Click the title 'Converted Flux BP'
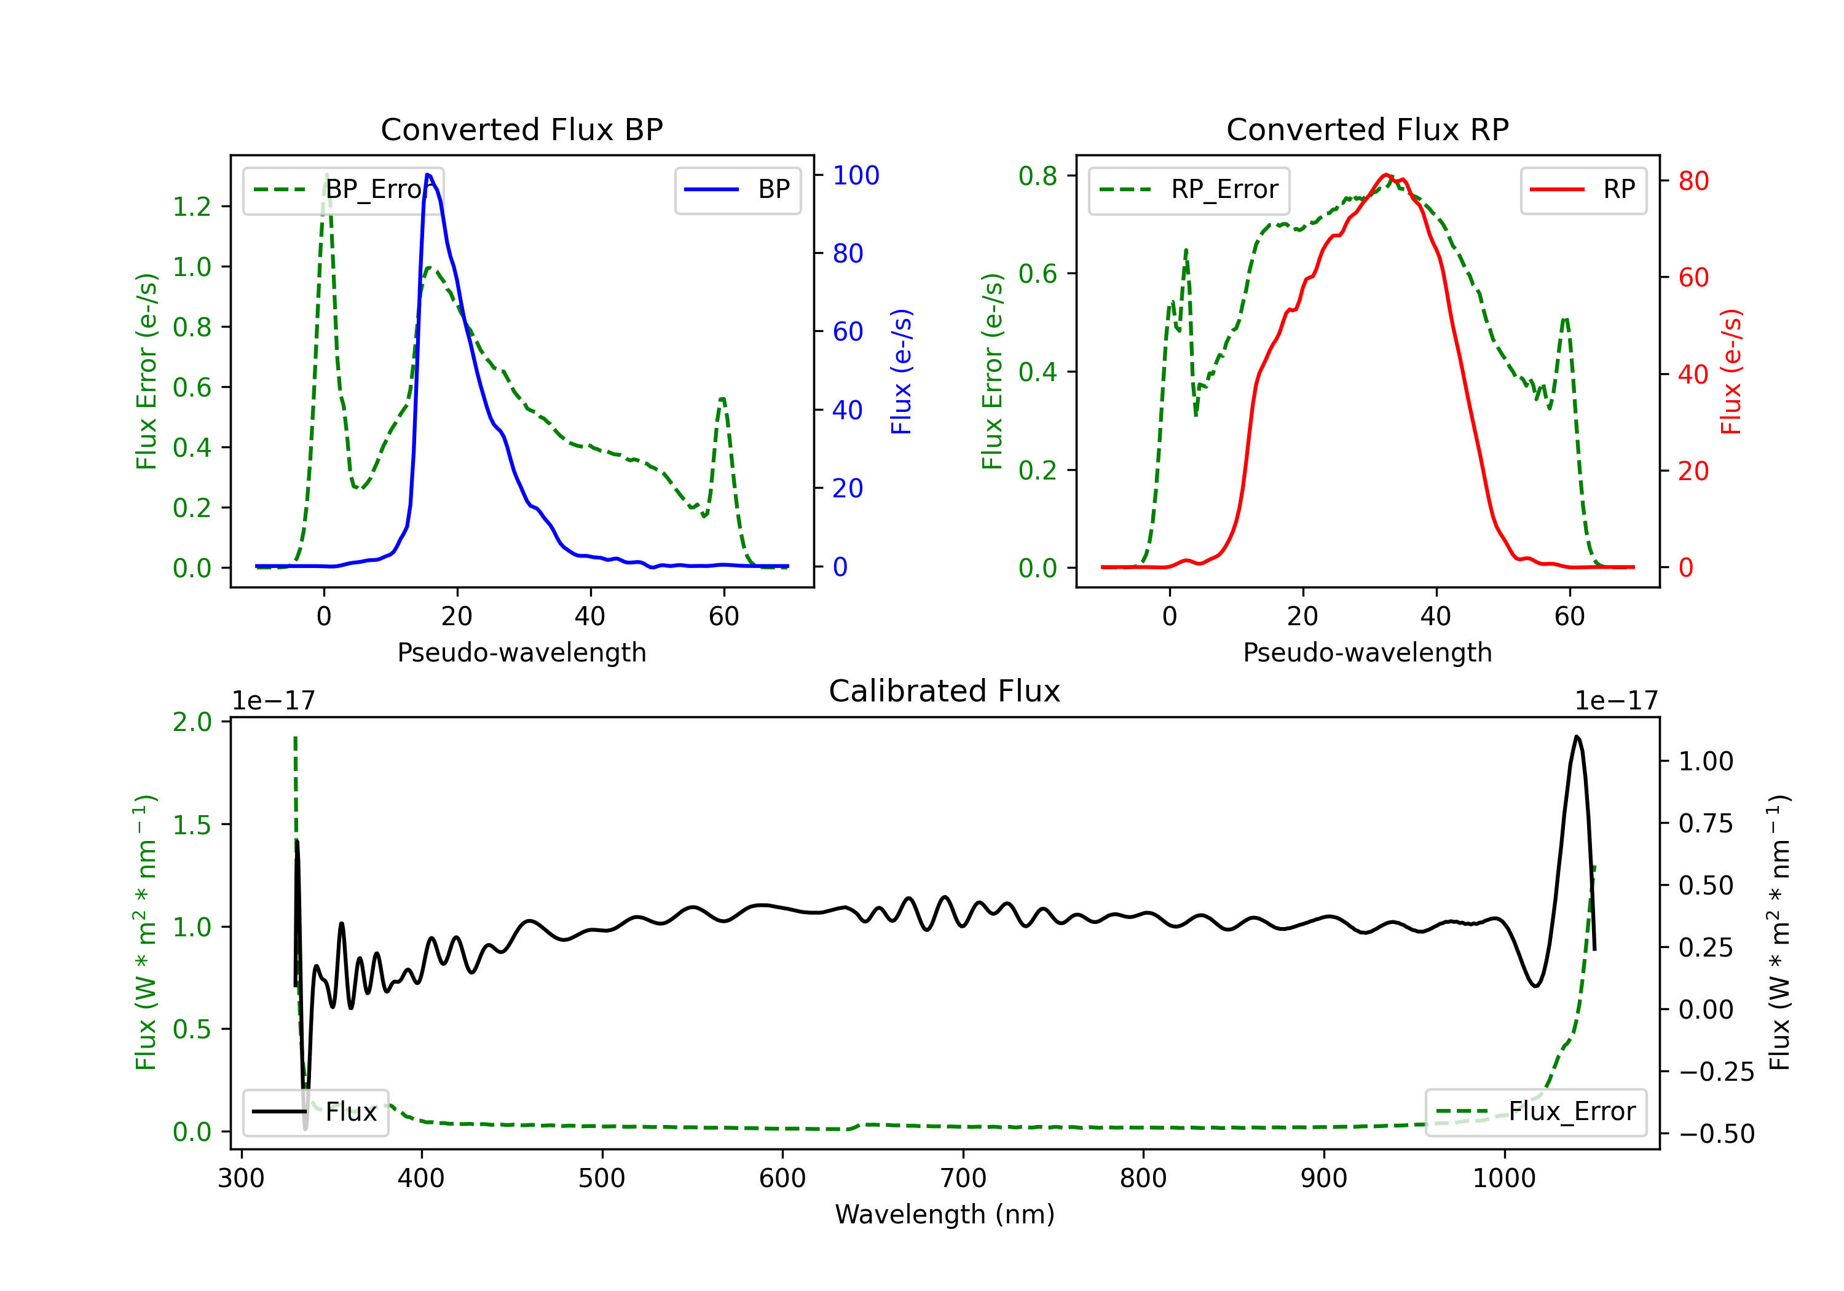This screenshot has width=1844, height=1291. [x=521, y=129]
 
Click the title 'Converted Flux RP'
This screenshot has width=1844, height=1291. [x=1367, y=129]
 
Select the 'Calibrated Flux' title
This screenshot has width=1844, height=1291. [x=945, y=691]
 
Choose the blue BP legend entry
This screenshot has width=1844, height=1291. [x=737, y=189]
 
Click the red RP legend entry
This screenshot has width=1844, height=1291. [x=1583, y=189]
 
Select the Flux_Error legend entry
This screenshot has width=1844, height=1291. [x=1535, y=1112]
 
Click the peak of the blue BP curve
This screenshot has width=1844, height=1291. [x=428, y=175]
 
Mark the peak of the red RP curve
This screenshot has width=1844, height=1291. [x=1385, y=175]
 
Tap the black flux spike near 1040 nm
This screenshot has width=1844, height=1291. [x=1577, y=736]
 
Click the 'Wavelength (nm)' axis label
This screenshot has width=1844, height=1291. [x=945, y=1214]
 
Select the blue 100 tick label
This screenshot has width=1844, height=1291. [x=856, y=175]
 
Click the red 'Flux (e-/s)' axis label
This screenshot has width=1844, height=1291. [x=1732, y=372]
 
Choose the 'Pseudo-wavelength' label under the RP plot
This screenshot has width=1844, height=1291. [x=1367, y=652]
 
